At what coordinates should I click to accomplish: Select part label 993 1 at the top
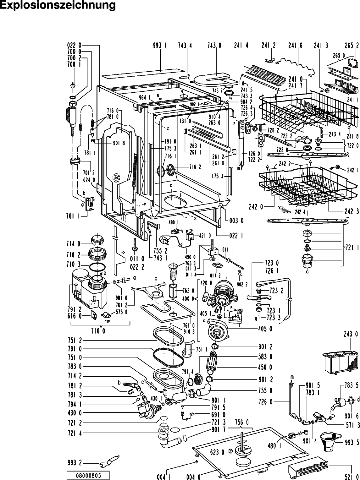[160, 46]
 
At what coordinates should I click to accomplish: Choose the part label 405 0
[265, 329]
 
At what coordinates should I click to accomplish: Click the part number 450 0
[265, 367]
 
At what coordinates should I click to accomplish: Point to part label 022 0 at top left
[75, 46]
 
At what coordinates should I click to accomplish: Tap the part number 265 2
[352, 46]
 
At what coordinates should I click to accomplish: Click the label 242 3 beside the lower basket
[351, 211]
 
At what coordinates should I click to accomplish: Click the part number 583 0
[265, 357]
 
